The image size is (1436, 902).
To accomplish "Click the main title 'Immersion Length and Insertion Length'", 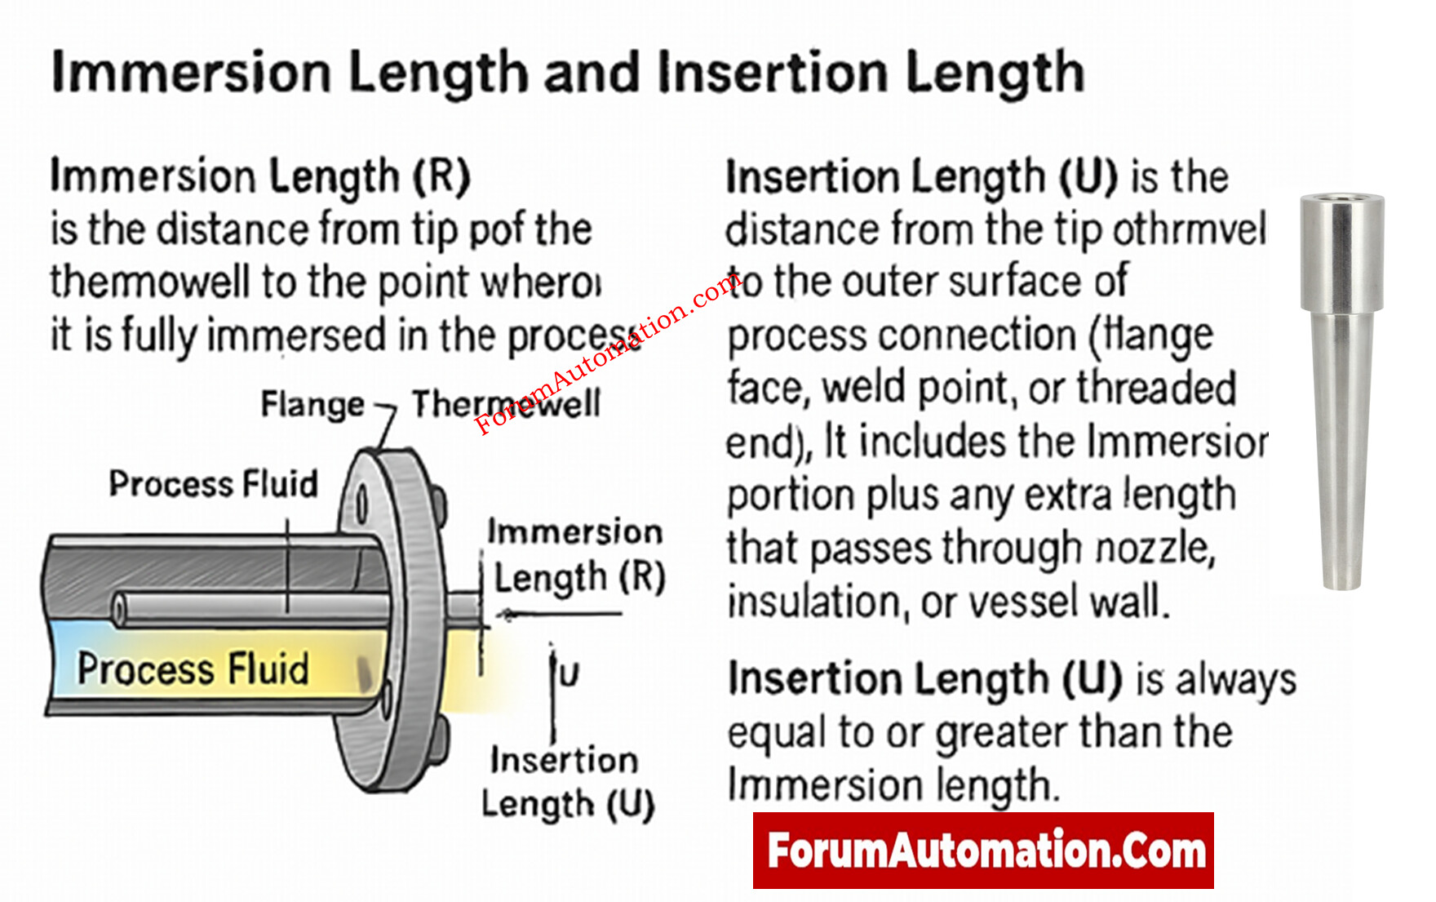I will pos(568,72).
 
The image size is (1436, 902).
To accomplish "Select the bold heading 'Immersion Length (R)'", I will pos(260,176).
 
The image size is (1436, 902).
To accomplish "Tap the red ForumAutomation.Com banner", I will pos(983,851).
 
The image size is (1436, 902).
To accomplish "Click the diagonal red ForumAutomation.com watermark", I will pos(608,354).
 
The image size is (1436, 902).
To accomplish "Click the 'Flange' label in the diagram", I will pos(312,404).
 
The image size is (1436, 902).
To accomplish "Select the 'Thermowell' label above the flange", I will pos(506,403).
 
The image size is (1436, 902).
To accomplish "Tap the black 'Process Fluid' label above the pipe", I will pos(213,483).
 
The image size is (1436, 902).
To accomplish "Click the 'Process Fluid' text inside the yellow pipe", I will pos(193,669).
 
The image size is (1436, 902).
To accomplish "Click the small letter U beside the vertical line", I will pos(569,674).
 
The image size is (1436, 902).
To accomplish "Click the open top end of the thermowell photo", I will pos(1341,198).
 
